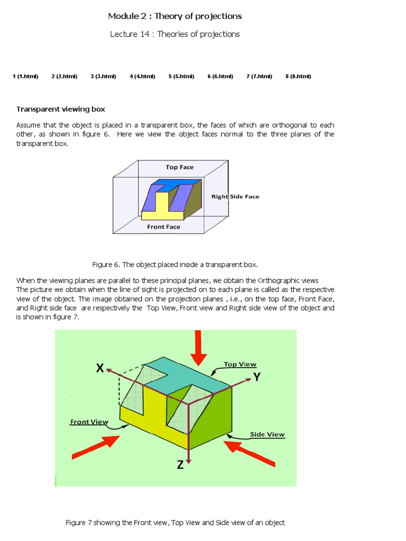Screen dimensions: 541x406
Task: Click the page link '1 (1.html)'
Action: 25,76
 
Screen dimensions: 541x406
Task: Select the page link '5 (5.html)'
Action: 181,76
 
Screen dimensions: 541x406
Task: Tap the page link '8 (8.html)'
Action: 298,76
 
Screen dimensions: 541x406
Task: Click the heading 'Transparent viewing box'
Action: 61,109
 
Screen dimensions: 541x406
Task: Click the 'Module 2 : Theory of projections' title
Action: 175,16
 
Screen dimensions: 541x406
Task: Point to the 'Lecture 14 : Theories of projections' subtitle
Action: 175,34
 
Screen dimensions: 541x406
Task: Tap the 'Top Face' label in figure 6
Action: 180,167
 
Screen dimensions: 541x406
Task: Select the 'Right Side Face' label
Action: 235,197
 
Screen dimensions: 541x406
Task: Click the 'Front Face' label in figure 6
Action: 163,227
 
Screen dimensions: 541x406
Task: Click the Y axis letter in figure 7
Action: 257,377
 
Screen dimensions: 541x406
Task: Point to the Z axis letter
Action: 180,465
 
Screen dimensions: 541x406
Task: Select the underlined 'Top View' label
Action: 240,364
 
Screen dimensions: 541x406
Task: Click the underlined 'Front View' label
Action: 89,422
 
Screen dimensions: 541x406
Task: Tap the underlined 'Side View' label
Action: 267,434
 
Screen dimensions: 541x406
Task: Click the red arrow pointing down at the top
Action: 199,348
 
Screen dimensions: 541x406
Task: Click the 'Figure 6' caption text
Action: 175,264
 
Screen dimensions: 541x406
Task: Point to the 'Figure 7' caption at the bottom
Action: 175,523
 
